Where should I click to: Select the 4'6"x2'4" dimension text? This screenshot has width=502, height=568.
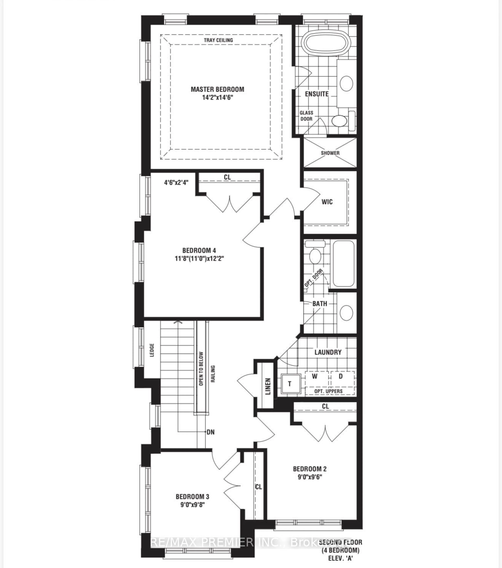click(x=176, y=183)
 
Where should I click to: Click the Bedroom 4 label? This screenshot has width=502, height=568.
click(x=199, y=250)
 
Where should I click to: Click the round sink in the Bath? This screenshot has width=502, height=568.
click(x=346, y=313)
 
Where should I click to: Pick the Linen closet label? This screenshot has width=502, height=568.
click(x=268, y=387)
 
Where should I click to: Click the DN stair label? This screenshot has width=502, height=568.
click(x=210, y=432)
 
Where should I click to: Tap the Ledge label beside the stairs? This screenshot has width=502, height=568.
click(x=152, y=350)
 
